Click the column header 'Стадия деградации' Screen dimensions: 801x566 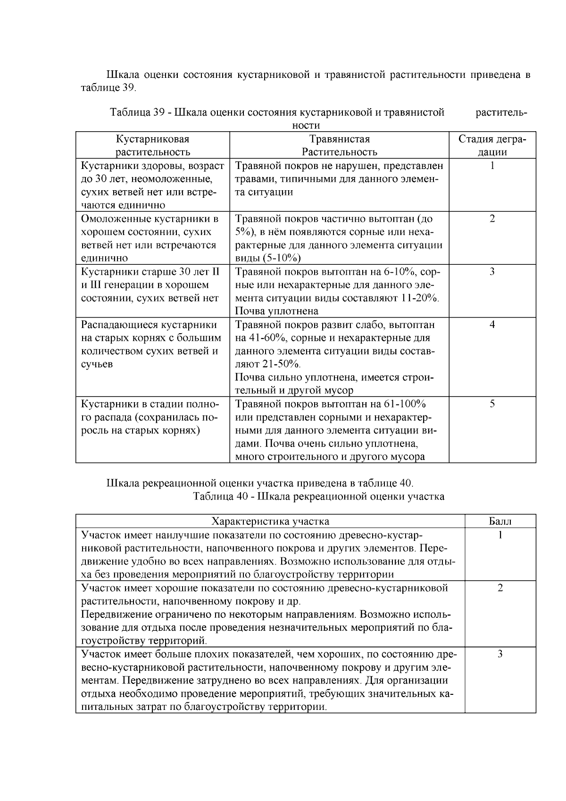492,145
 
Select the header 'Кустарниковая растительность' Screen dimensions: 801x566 153,145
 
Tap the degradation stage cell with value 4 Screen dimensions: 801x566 492,325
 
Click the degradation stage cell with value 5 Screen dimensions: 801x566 492,404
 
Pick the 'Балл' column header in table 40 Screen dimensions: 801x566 500,521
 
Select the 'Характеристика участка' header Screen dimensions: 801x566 270,521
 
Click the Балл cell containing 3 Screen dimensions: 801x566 500,654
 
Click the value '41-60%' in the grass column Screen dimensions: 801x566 264,338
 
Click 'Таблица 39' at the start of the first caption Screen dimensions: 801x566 137,112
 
